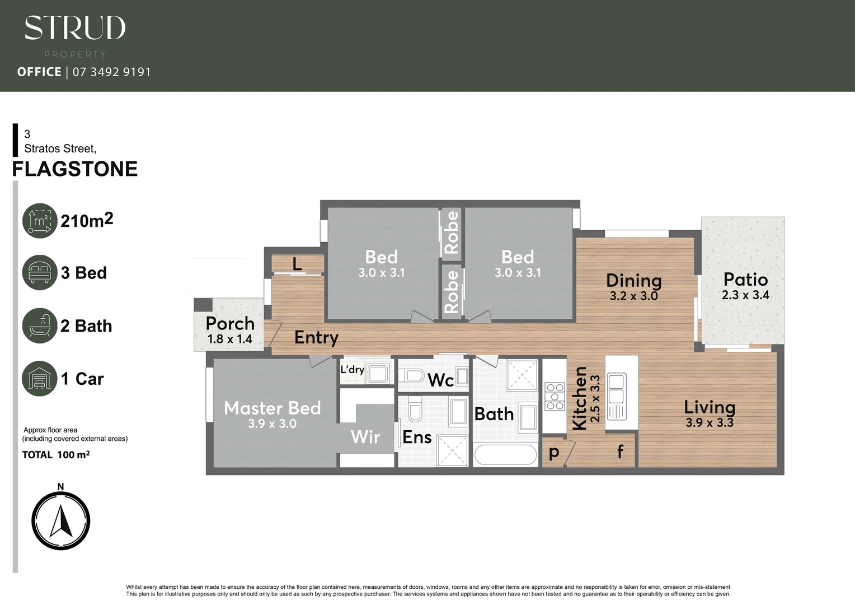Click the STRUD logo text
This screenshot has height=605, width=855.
[75, 28]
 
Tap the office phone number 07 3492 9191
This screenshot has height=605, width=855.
[111, 72]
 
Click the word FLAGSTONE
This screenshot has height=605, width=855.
[75, 169]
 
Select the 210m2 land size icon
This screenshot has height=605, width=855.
[40, 221]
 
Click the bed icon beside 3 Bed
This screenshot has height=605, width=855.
[40, 273]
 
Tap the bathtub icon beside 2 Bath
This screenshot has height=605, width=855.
[40, 325]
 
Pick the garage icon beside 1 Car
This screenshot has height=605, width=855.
[40, 378]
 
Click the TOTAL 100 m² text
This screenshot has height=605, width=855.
[56, 455]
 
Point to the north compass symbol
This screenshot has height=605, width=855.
[60, 521]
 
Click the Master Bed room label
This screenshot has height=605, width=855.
[273, 408]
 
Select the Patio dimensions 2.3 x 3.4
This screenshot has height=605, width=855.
[745, 295]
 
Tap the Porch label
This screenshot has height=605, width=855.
[229, 323]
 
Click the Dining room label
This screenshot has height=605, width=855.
[633, 280]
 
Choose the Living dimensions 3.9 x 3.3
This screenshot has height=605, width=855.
[710, 423]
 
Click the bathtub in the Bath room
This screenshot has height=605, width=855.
[506, 455]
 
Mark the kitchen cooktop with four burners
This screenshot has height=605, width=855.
[555, 396]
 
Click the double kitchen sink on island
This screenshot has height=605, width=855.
[617, 389]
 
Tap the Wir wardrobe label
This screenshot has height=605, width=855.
[365, 437]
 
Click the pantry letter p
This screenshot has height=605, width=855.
[554, 452]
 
